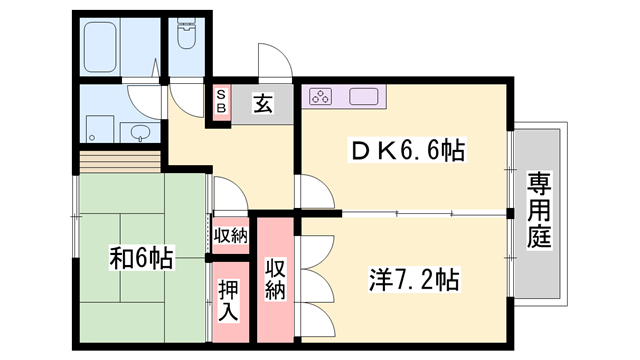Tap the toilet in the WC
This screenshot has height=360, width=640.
[187, 34]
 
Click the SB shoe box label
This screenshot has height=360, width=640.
[221, 101]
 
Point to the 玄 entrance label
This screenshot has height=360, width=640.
[262, 102]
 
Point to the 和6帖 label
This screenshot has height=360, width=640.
[141, 259]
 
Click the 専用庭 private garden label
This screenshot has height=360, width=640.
[540, 210]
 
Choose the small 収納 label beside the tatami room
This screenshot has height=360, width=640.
[231, 236]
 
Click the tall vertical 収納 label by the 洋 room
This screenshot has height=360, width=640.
[276, 278]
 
